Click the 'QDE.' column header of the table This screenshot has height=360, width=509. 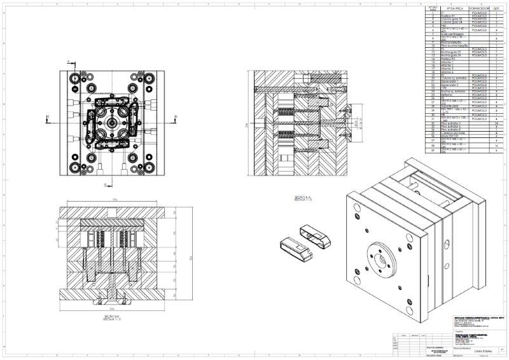coord(496,10)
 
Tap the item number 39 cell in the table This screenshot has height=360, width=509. coord(433,151)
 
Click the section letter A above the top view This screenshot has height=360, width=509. coord(68,60)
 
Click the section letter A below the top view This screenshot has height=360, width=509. coord(105,184)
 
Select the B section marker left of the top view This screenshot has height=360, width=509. coord(49,116)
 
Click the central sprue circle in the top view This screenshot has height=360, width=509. coord(112,119)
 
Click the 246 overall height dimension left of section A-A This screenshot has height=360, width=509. coord(247,125)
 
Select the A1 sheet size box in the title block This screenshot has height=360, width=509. coord(502,349)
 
